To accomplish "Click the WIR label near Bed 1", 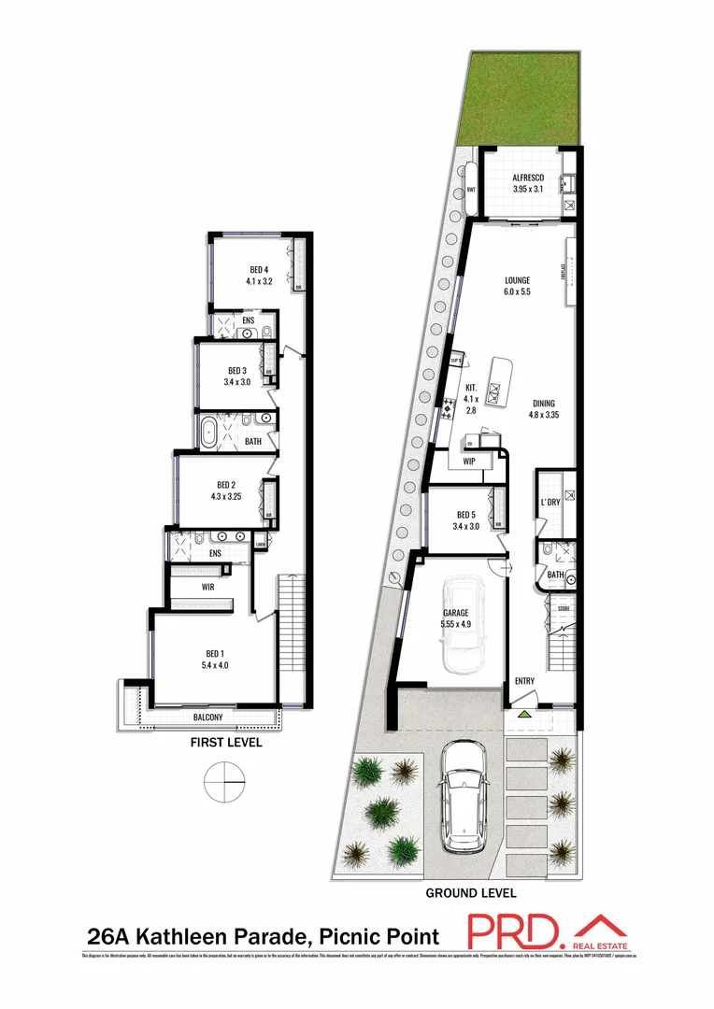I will [208, 587].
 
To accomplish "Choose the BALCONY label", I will [207, 718].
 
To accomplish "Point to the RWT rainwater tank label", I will [472, 192].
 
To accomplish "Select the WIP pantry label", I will [469, 461].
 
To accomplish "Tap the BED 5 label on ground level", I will [467, 520].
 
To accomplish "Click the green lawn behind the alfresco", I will [523, 98].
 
